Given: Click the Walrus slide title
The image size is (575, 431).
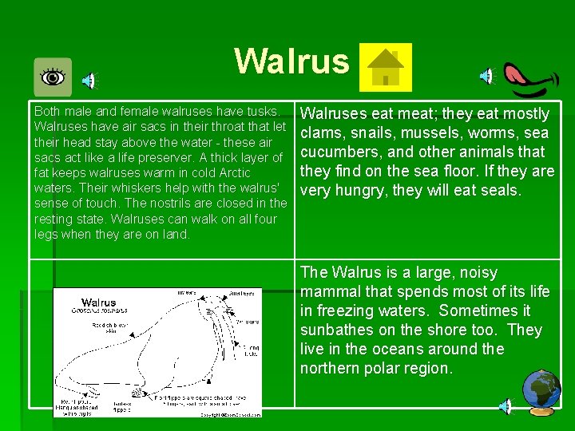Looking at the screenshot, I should click(291, 61).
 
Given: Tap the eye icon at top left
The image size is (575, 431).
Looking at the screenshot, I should click(53, 77).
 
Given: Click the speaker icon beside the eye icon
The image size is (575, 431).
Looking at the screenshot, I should click(91, 79).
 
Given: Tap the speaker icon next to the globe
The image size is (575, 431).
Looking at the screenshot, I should click(505, 406).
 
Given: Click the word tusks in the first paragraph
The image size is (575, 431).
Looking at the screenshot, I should click(264, 112).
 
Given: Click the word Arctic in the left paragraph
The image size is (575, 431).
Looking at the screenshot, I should click(231, 173).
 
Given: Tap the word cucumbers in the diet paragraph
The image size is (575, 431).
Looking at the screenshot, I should click(335, 152).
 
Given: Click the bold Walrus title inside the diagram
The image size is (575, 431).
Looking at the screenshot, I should click(98, 302).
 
